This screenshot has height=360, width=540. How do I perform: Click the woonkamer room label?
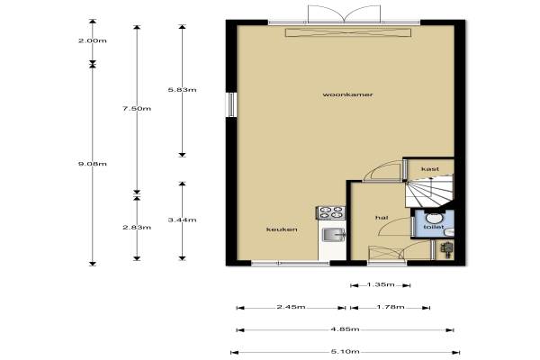pos(347,94)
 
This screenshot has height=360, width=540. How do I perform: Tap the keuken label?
pos(282,229)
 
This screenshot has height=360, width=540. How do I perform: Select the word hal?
pos(382,218)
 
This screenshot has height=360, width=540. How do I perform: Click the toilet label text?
pos(433,227)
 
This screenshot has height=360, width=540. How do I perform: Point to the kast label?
pos(430,169)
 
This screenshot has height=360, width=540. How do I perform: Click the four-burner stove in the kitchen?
pos(331,212)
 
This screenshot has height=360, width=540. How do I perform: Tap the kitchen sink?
pos(334,234)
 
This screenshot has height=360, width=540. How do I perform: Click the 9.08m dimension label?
pos(93,164)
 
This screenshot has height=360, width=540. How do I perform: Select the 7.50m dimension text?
pos(137,109)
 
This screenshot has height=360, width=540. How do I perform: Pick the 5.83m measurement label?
pos(182,90)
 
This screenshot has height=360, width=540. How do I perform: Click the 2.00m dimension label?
pos(93,40)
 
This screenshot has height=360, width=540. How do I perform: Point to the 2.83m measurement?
pos(137,228)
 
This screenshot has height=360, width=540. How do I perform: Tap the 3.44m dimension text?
pos(182,220)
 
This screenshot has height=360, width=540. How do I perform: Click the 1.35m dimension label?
pos(381,284)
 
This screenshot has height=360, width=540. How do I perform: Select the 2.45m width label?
pos(291,307)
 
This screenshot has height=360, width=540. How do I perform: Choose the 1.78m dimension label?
pos(391,307)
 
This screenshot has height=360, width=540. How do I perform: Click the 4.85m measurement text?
pos(345,329)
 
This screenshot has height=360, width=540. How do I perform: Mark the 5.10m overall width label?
pos(345,351)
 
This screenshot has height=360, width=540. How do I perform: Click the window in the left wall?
pos(231,104)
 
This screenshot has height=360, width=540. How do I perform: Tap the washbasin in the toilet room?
pos(433,218)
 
